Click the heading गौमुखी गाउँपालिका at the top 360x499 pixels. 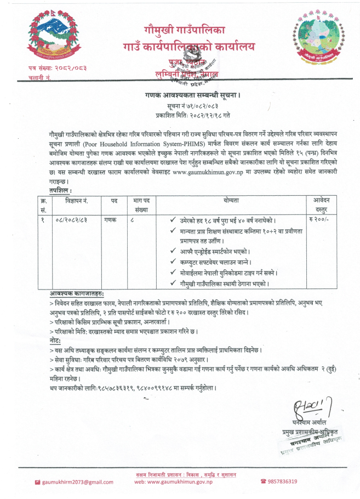click(177, 30)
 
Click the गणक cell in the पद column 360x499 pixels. click(111, 219)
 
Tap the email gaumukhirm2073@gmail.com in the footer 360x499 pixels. click(77, 482)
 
